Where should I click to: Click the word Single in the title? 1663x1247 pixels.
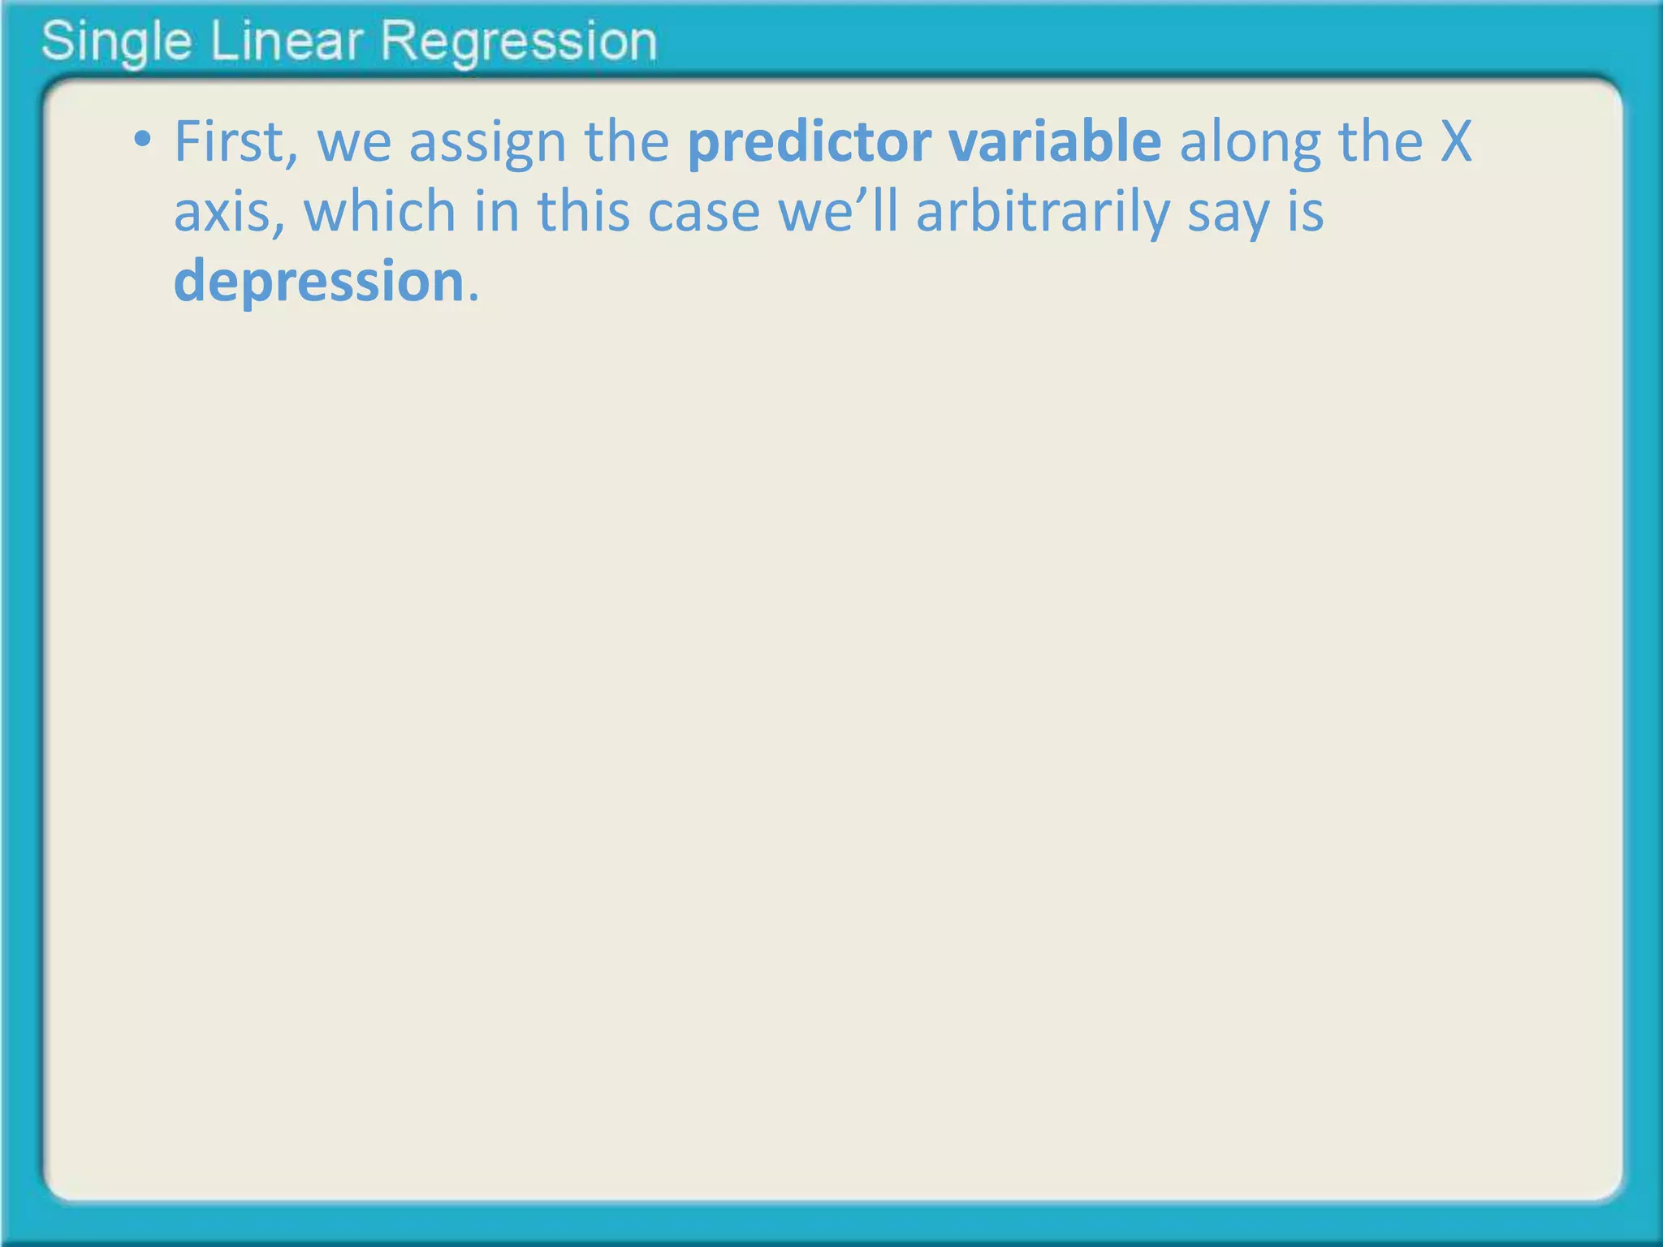[116, 42]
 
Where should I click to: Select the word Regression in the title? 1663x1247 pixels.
[518, 42]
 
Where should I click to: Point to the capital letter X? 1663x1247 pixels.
[1456, 142]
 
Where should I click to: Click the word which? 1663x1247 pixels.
[379, 211]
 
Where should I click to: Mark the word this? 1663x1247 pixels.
[583, 211]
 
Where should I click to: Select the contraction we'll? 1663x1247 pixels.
[838, 211]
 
